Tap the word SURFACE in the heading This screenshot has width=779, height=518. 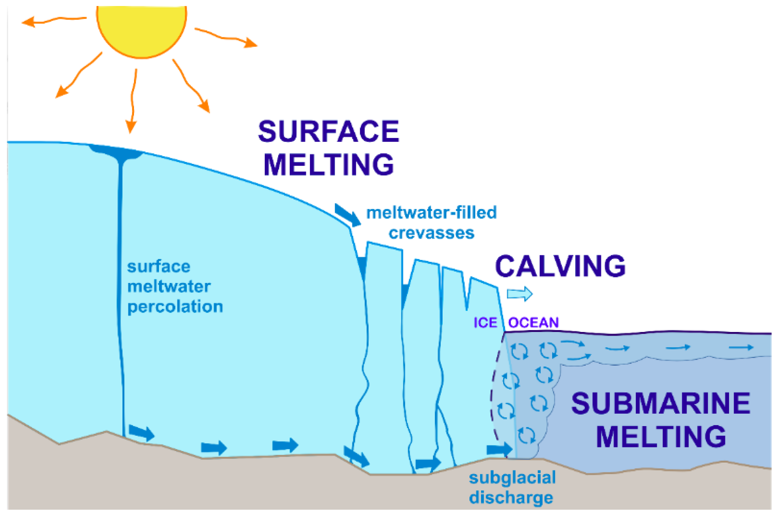(328, 132)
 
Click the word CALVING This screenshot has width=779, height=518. (560, 266)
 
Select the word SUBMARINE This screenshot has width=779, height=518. (661, 404)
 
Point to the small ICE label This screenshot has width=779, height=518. (485, 322)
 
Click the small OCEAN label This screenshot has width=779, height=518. (534, 322)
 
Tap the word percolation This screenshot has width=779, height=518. (175, 307)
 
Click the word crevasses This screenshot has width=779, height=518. (431, 233)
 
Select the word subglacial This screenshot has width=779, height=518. (512, 478)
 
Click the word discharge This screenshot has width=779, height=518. (511, 498)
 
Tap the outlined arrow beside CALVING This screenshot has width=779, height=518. (520, 294)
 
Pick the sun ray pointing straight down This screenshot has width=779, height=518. (133, 102)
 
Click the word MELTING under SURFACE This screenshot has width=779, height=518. (328, 165)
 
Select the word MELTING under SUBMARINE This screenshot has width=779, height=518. (661, 437)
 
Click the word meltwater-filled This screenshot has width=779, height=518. (431, 213)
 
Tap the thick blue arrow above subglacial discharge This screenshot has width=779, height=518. (499, 449)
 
